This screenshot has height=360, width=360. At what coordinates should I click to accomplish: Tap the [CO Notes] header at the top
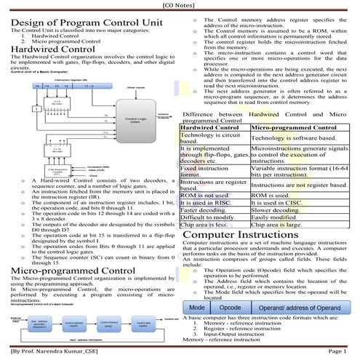(180, 5)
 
